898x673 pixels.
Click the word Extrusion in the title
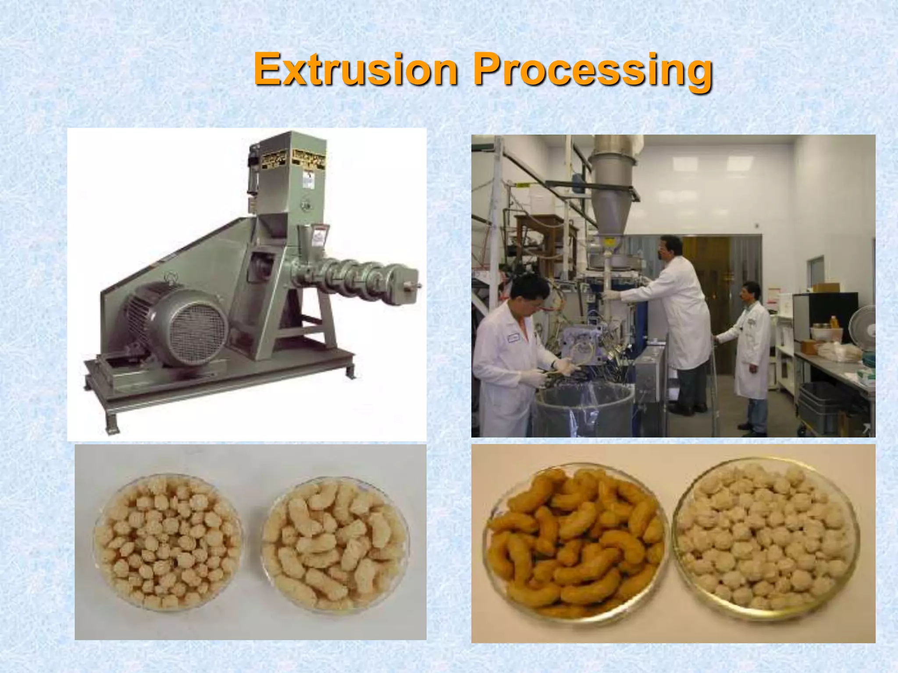(x=356, y=70)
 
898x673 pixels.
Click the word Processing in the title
(x=593, y=71)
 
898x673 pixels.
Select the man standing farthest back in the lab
(x=751, y=351)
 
